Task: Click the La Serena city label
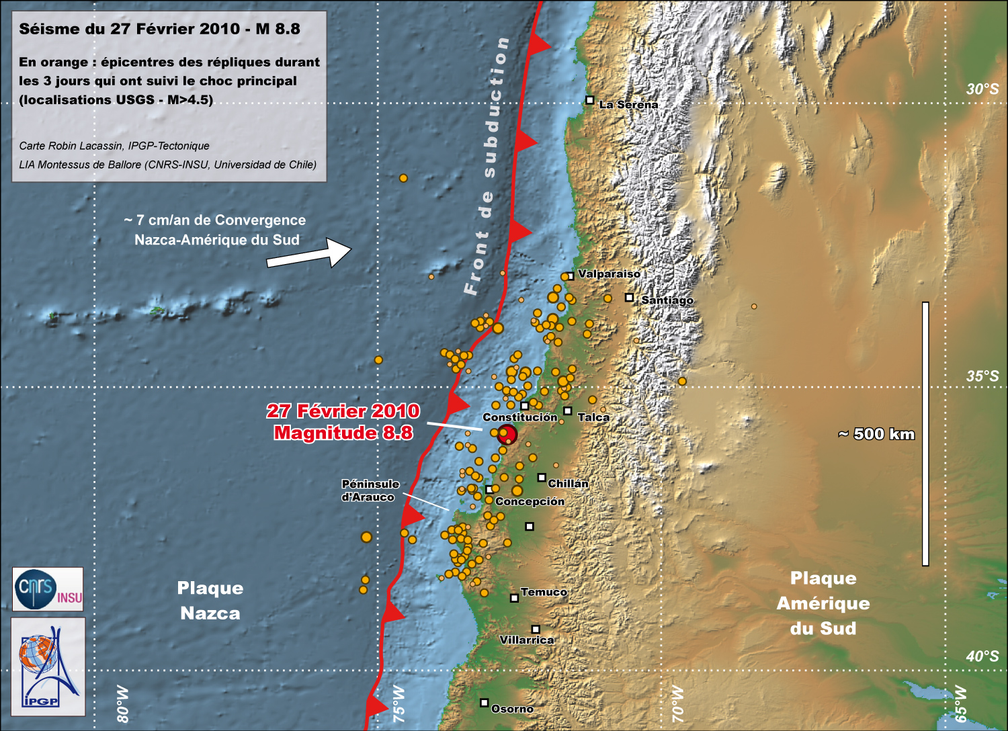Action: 628,105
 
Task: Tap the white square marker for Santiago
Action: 629,297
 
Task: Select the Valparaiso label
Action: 609,274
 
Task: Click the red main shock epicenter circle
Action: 507,434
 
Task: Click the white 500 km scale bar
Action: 925,433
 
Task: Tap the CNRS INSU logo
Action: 48,589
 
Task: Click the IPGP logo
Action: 48,666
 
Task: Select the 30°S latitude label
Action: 982,89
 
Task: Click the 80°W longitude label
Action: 122,703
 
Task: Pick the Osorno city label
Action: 512,709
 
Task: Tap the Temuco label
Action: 544,592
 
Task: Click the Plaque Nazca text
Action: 210,601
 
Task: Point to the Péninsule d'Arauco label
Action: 370,490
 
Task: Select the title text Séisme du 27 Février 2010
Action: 159,29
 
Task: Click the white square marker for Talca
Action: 567,411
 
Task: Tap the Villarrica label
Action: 527,640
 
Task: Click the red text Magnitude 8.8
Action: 343,433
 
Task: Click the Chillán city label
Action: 568,484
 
